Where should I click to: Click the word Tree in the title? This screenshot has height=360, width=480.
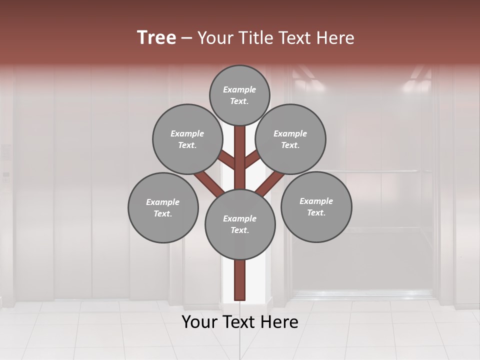tap(156, 38)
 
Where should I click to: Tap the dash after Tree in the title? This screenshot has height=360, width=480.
tap(187, 38)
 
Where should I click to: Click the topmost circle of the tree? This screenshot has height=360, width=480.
tap(239, 95)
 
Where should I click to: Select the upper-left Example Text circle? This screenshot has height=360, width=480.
tap(187, 139)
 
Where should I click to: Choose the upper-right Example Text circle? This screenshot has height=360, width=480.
tap(290, 139)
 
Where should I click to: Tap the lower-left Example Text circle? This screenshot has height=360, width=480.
tap(163, 207)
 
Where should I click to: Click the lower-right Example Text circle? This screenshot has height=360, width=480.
tap(316, 206)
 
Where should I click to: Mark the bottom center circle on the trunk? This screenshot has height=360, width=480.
tap(240, 224)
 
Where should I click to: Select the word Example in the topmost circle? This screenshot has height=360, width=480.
tap(239, 90)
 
